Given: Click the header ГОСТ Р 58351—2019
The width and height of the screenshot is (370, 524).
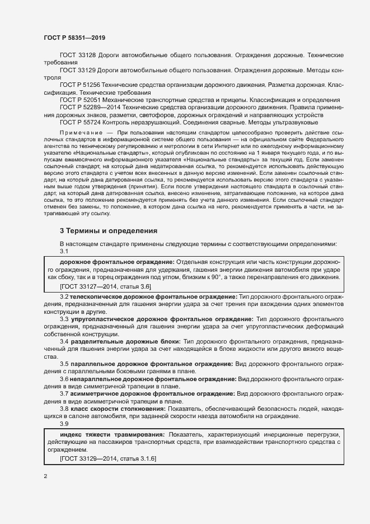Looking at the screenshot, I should coord(74,37).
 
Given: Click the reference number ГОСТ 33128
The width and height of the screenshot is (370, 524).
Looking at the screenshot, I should coord(77,57).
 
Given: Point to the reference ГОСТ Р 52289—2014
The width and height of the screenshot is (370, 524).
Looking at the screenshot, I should coord(91,107).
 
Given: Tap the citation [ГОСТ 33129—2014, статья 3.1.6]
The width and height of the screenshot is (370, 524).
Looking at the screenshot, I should coord(107,459).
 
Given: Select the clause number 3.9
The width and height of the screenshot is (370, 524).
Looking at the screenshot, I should coord(64,424).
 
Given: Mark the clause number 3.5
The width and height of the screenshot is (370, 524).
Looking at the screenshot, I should coord(64,364).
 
